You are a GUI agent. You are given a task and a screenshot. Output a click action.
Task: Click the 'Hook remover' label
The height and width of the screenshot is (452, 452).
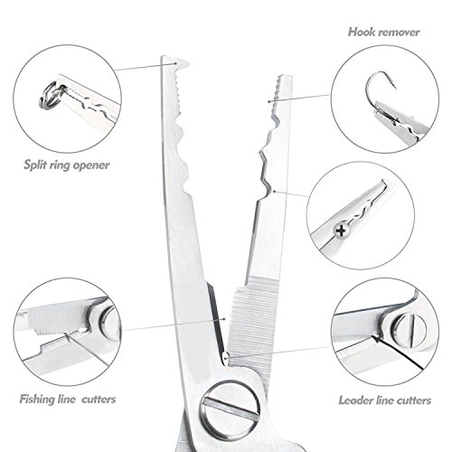pyautogui.click(x=383, y=33)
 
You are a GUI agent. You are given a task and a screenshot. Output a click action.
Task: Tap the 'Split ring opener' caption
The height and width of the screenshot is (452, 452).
pyautogui.click(x=66, y=165)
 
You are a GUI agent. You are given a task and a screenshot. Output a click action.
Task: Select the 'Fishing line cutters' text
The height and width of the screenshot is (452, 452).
pyautogui.click(x=68, y=400)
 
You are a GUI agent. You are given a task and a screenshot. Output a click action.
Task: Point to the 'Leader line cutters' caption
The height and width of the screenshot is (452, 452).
pyautogui.click(x=385, y=400)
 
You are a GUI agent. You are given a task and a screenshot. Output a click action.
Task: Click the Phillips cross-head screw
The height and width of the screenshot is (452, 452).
pyautogui.click(x=341, y=231)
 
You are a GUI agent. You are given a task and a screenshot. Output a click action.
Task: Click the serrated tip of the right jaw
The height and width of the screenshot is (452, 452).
pyautogui.click(x=282, y=80)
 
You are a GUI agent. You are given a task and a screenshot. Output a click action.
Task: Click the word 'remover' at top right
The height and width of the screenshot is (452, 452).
pyautogui.click(x=400, y=33)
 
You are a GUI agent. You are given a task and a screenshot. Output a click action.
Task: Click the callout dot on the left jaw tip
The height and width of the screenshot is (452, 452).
pyautogui.click(x=175, y=63)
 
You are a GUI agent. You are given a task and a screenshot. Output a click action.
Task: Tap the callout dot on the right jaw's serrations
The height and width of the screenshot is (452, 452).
pyautogui.click(x=269, y=101)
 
